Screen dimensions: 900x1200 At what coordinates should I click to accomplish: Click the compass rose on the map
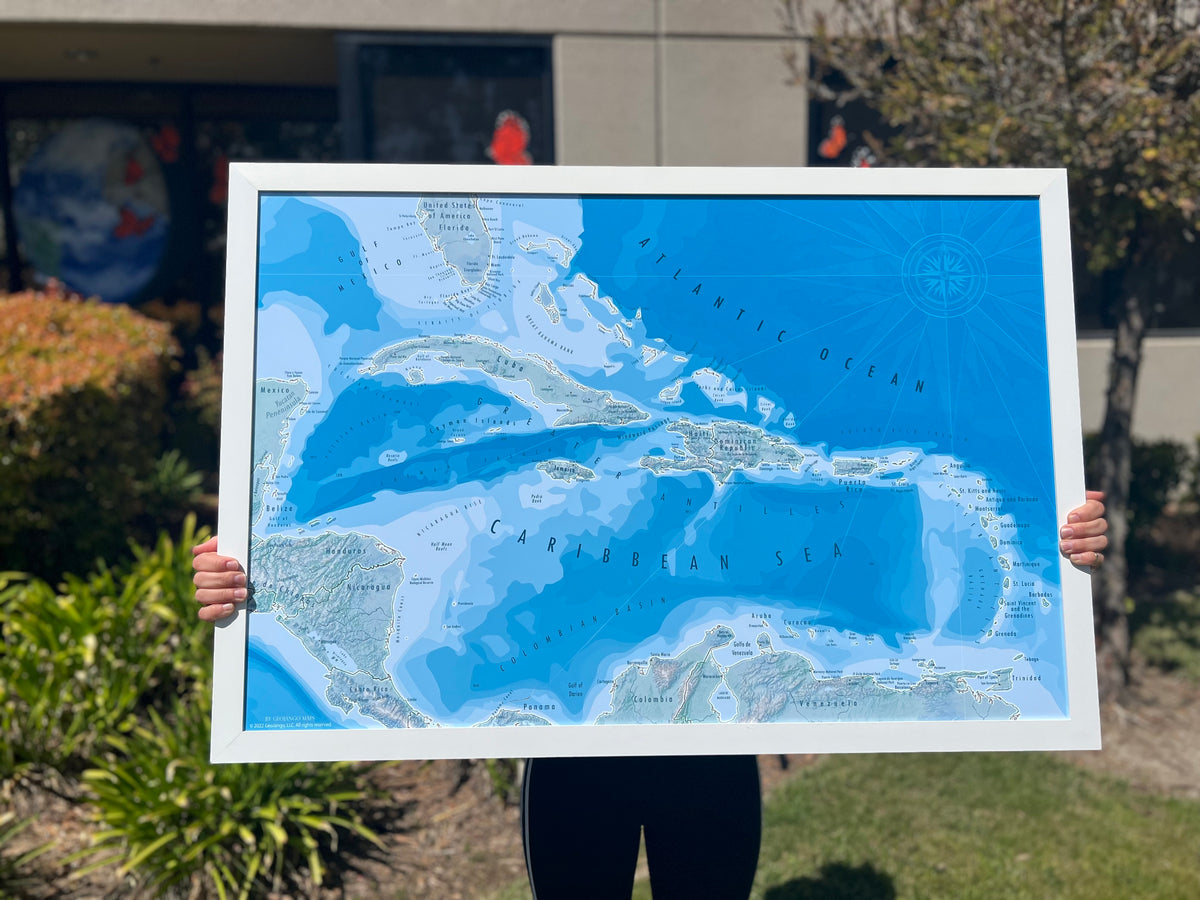point(943,275)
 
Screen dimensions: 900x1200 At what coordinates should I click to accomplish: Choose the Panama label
point(539,707)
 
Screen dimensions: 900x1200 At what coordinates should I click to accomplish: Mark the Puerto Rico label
point(852,482)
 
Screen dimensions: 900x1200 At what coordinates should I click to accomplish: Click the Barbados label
point(1039,595)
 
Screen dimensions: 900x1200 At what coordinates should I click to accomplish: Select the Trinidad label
point(1025,678)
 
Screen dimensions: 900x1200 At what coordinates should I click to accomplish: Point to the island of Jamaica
point(566,470)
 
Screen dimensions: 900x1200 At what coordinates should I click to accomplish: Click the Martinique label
point(1025,564)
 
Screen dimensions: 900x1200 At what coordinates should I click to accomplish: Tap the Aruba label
point(762,616)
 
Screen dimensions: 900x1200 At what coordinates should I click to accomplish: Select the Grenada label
point(1005,633)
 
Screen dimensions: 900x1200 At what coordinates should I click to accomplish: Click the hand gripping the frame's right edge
point(1084,530)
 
